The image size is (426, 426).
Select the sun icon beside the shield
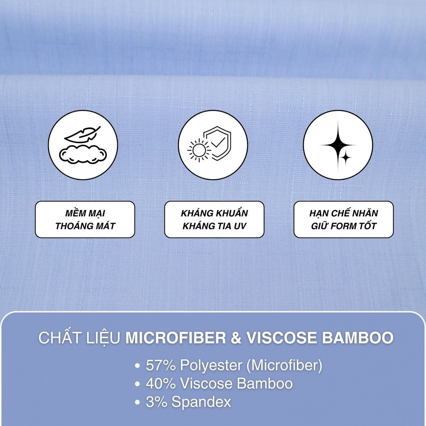point(199,150)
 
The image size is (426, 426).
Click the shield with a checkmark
point(218,143)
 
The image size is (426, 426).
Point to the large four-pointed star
point(338,146)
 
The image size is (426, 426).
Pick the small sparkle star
point(346,157)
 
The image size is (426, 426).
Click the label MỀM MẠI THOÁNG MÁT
point(85,220)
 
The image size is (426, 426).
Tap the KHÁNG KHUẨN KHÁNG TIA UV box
point(214,220)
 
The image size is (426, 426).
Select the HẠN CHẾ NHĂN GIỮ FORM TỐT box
point(344,220)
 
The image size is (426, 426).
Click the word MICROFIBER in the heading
point(176,338)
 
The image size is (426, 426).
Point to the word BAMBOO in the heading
point(357,338)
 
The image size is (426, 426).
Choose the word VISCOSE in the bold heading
point(282,338)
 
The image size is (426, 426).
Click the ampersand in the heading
point(236,338)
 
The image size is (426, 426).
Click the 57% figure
point(161,365)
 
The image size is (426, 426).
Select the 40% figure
point(161,384)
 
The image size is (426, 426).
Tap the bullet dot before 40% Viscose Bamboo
point(137,384)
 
